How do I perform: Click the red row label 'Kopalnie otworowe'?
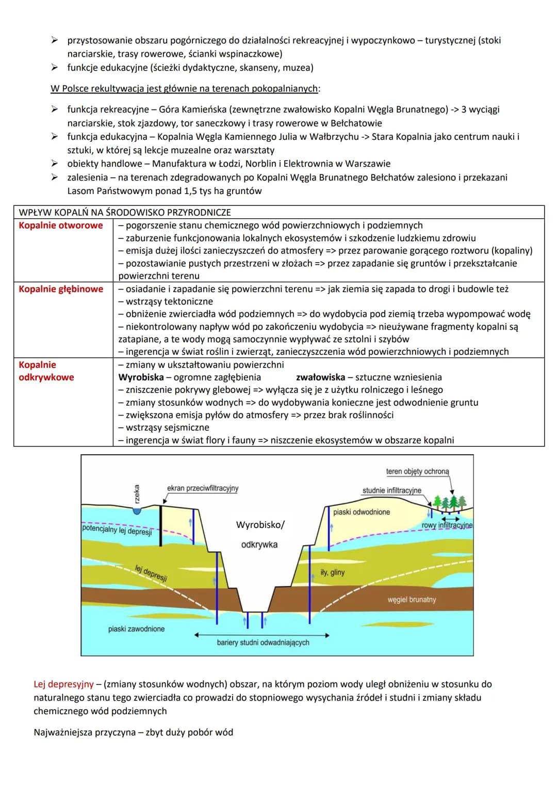61,226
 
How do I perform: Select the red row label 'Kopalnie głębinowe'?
61,289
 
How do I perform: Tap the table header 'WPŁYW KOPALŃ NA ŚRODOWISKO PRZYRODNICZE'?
125,212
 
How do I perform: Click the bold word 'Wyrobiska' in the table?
141,377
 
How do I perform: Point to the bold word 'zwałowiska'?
320,377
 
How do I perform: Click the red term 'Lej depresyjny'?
64,684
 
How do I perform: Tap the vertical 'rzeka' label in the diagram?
137,494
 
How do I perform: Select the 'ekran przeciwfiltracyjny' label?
203,488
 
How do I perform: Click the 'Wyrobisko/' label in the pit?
260,525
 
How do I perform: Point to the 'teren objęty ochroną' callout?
417,472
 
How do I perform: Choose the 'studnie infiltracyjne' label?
391,490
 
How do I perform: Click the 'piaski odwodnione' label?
362,512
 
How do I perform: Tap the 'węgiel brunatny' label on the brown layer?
412,600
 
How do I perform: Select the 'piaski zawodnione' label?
136,629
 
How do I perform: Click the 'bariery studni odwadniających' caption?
263,642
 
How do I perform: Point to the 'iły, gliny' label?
333,572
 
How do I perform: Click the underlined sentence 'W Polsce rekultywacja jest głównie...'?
185,89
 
